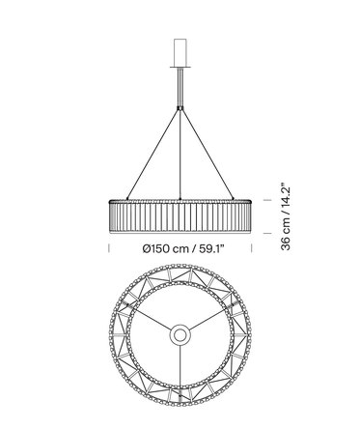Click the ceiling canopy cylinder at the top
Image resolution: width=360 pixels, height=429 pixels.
[x=180, y=53]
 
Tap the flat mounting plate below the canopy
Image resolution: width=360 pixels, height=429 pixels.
[x=180, y=68]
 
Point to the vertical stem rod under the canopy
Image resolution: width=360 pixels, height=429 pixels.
[x=180, y=88]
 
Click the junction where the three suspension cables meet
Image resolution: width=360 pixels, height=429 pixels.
[x=180, y=108]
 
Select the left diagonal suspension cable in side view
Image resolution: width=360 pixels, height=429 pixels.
[x=153, y=154]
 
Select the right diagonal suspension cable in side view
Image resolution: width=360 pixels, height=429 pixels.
[x=207, y=154]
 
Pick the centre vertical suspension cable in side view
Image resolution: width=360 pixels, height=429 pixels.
[x=180, y=155]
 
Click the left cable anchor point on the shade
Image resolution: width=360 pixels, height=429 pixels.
[x=127, y=199]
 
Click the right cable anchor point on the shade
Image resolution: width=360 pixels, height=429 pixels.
[x=233, y=199]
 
